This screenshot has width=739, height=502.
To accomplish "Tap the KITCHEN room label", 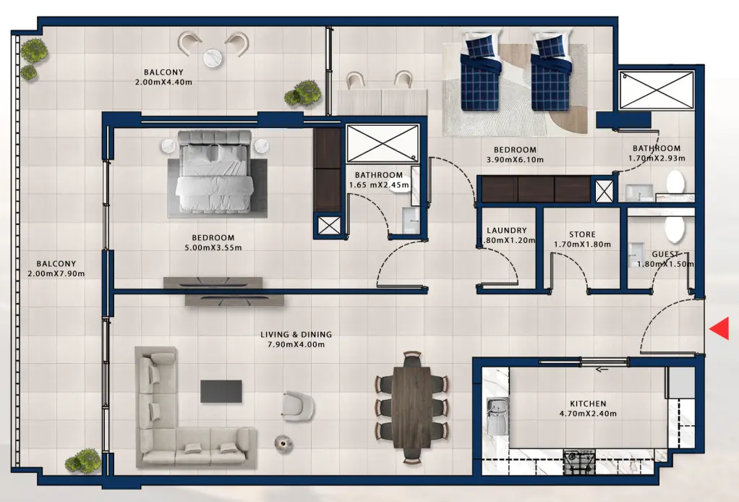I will tap(587, 404).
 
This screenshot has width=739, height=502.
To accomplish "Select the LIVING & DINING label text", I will tap(296, 334).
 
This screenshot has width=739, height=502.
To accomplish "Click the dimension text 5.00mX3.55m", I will tap(213, 247).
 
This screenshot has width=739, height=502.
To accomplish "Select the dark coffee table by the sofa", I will tap(221, 391).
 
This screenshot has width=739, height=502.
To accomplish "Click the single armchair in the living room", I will tap(297, 406).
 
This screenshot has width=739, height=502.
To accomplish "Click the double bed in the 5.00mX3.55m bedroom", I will tap(213, 172).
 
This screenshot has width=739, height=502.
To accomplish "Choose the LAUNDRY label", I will tap(507, 231).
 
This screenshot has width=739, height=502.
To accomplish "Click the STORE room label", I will tap(582, 234).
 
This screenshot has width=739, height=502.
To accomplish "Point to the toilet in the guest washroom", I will tap(674, 229).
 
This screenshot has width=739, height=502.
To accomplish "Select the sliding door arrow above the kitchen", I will tap(602, 370).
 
